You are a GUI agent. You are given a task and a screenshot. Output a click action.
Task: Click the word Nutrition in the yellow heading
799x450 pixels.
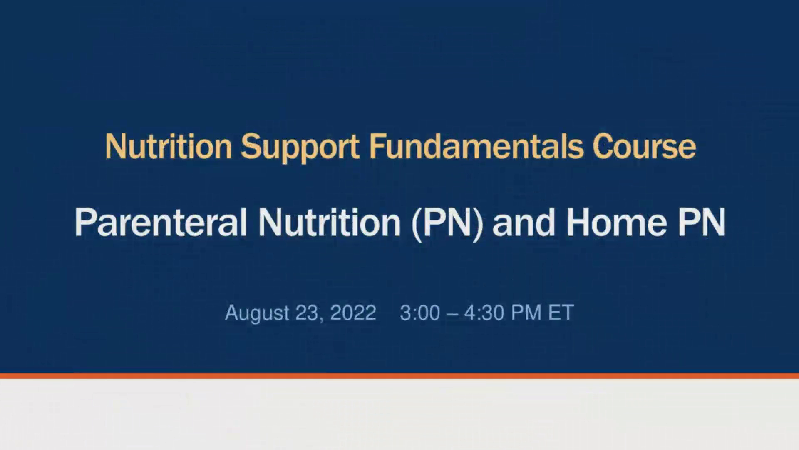168,147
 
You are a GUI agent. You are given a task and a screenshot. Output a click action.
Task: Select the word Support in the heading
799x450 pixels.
300,147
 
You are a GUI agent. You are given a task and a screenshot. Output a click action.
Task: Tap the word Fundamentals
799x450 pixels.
476,147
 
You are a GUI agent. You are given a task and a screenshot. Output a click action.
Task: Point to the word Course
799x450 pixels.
644,147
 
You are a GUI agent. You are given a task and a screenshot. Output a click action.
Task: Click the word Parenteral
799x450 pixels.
161,222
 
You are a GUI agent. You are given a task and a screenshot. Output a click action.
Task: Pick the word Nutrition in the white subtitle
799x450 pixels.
329,222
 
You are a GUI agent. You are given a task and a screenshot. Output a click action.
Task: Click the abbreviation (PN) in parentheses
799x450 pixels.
447,222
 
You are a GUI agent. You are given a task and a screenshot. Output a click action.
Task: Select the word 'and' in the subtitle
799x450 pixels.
524,222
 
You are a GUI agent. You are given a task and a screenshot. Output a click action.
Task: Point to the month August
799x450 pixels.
257,312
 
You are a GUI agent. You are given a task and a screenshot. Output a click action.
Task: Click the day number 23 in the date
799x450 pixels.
306,312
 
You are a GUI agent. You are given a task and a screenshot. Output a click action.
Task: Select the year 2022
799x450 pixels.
353,312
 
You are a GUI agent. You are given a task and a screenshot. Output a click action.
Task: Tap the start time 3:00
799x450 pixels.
420,312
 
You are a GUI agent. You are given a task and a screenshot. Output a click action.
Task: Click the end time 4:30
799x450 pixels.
484,312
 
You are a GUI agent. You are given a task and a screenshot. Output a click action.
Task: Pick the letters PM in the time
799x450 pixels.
526,312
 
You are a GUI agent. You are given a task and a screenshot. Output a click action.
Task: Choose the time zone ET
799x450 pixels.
561,312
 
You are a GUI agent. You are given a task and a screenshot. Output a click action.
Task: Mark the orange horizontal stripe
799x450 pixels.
399,376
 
